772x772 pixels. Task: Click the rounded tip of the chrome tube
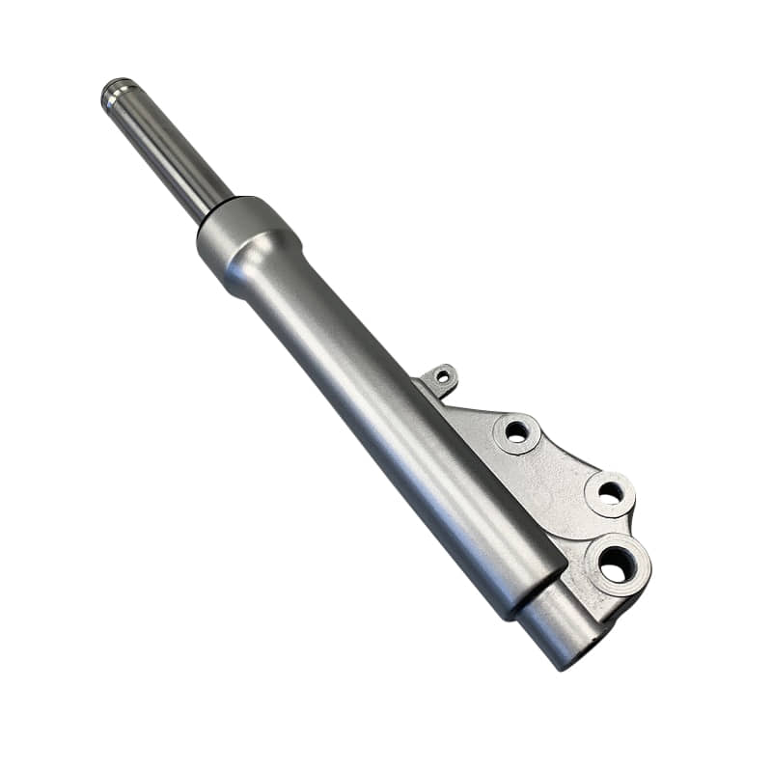(x=113, y=91)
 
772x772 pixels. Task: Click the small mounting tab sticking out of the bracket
(x=441, y=375)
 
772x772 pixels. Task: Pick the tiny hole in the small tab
(x=443, y=376)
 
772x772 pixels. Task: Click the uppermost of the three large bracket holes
(x=517, y=431)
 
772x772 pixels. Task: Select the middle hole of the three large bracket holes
(x=610, y=492)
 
